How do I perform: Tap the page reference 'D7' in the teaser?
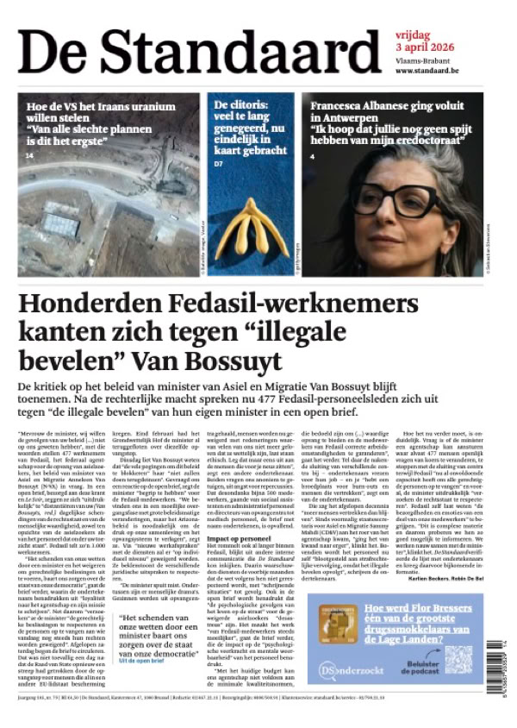click(219, 163)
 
